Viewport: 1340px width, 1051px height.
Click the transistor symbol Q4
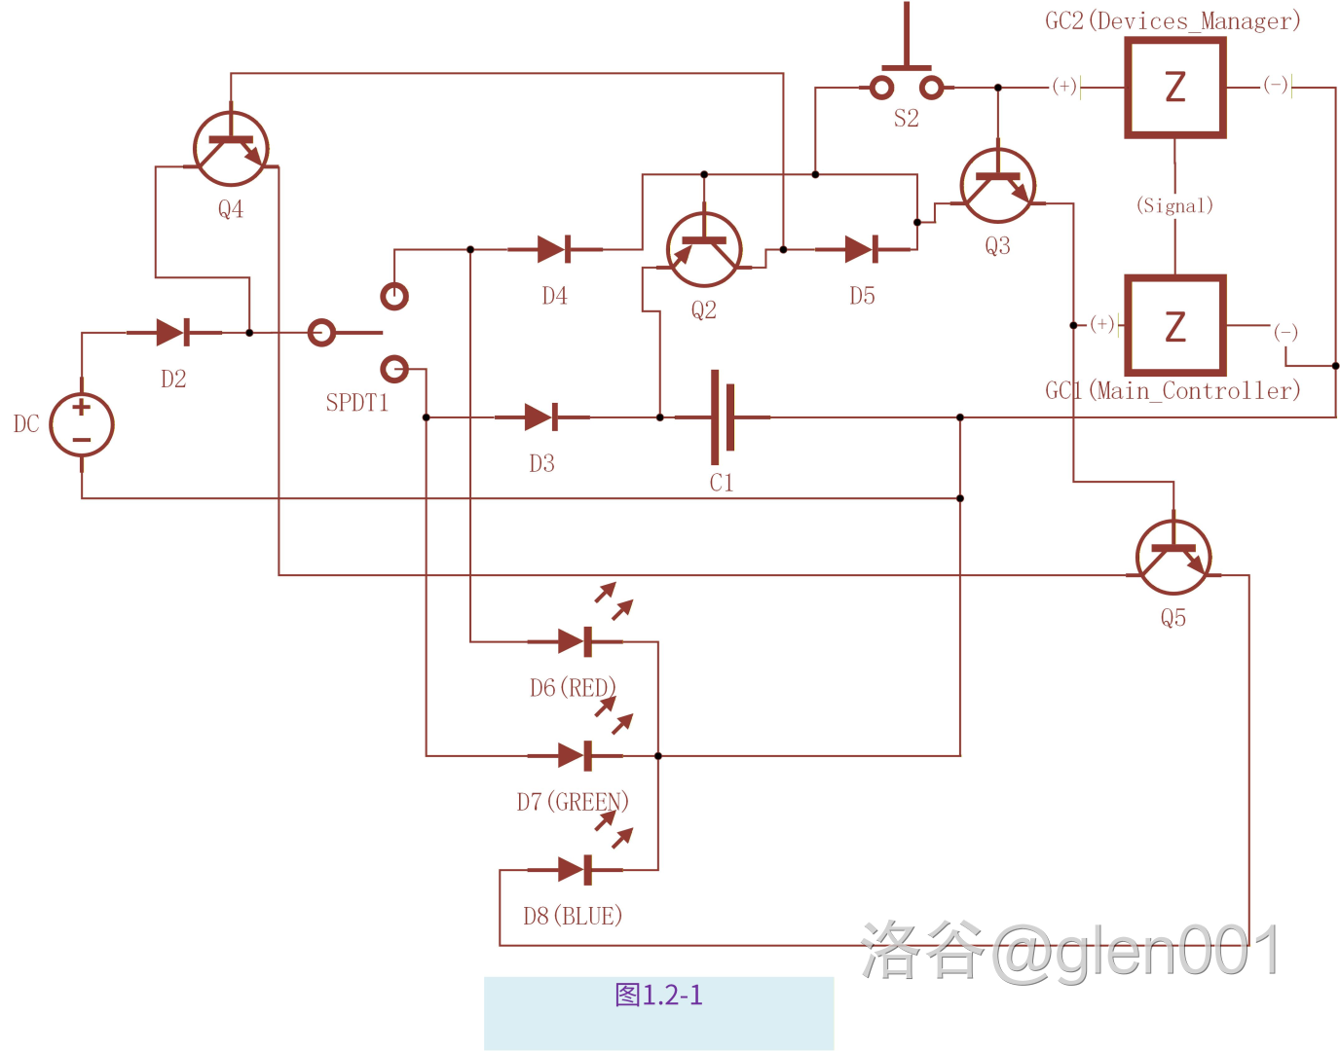pyautogui.click(x=231, y=149)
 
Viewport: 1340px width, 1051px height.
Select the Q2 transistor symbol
pyautogui.click(x=704, y=250)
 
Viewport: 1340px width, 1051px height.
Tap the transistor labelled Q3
pyautogui.click(x=997, y=186)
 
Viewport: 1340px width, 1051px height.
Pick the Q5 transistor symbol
pyautogui.click(x=1173, y=558)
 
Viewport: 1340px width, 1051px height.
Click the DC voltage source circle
pyautogui.click(x=82, y=425)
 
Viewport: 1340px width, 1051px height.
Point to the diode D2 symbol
pyautogui.click(x=173, y=333)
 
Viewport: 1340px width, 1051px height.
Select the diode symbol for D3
pyautogui.click(x=541, y=417)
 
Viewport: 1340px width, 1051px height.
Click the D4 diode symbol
pyautogui.click(x=554, y=249)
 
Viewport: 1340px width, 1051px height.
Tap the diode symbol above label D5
pyautogui.click(x=862, y=249)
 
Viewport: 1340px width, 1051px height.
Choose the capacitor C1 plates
pyautogui.click(x=722, y=417)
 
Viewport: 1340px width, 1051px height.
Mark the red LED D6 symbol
pyautogui.click(x=576, y=641)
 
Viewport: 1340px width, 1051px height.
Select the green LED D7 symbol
pyautogui.click(x=576, y=755)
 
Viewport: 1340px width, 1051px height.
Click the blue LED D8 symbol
pyautogui.click(x=576, y=869)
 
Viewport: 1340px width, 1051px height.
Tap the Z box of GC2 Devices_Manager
pyautogui.click(x=1175, y=88)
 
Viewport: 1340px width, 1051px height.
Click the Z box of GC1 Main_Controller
pyautogui.click(x=1175, y=326)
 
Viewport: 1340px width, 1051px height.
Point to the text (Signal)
pyautogui.click(x=1174, y=205)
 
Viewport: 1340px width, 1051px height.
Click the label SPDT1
pyautogui.click(x=357, y=403)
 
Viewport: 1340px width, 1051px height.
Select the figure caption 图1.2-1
pyautogui.click(x=658, y=995)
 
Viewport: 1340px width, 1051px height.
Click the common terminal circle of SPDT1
pyautogui.click(x=321, y=333)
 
